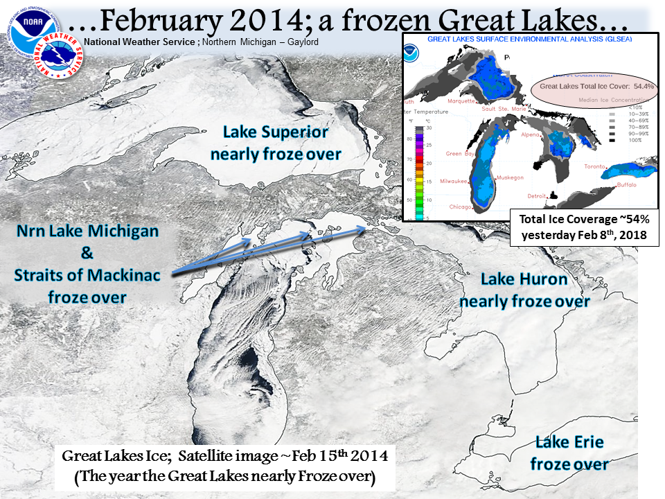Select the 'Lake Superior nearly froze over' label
click(x=276, y=143)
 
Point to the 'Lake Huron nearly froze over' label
click(x=524, y=290)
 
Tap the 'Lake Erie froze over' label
click(x=569, y=453)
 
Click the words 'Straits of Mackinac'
click(x=87, y=275)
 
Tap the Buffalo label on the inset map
click(x=627, y=185)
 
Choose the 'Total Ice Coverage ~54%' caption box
click(x=583, y=227)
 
